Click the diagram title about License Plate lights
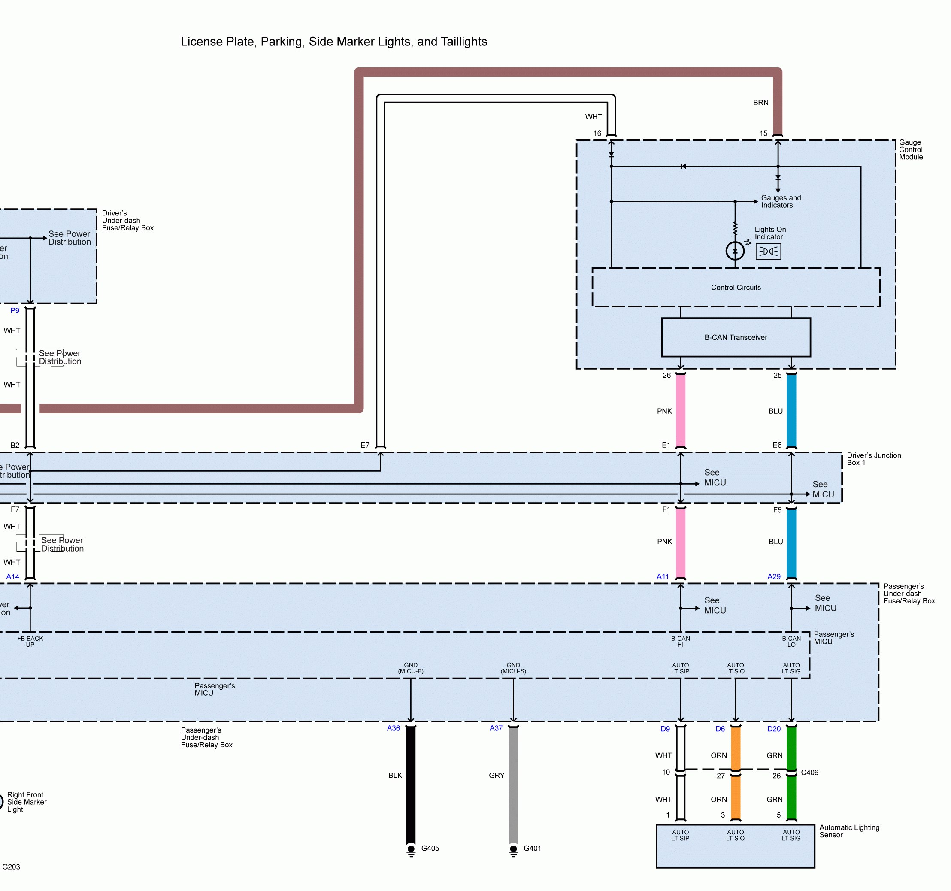pyautogui.click(x=333, y=42)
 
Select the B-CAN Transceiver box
pyautogui.click(x=735, y=337)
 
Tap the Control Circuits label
pyautogui.click(x=735, y=288)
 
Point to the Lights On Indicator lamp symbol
pyautogui.click(x=735, y=251)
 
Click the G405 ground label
pyautogui.click(x=430, y=849)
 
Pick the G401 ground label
pyautogui.click(x=532, y=849)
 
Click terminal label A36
pyautogui.click(x=393, y=728)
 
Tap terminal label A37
pyautogui.click(x=496, y=728)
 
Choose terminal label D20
pyautogui.click(x=773, y=729)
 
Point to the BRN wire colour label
pyautogui.click(x=760, y=103)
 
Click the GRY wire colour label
pyautogui.click(x=497, y=775)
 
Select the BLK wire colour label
pyautogui.click(x=395, y=775)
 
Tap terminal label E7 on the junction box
pyautogui.click(x=365, y=445)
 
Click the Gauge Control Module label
pyautogui.click(x=910, y=150)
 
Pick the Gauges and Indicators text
pyautogui.click(x=781, y=201)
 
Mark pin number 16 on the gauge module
pyautogui.click(x=597, y=133)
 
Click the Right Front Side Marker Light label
pyautogui.click(x=27, y=802)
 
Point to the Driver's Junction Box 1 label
pyautogui.click(x=873, y=459)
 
